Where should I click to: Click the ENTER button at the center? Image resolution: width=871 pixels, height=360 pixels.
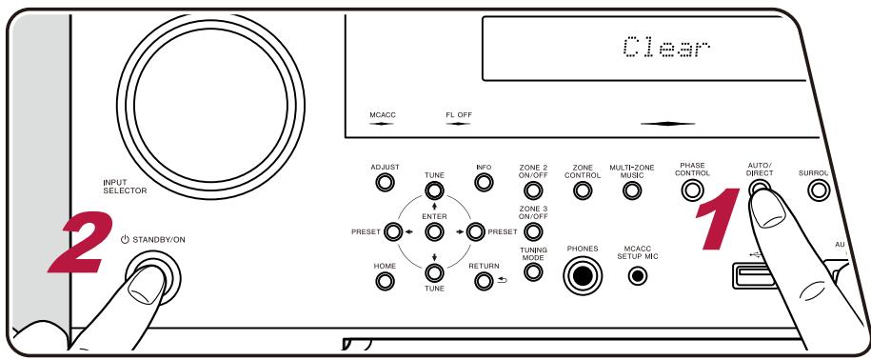[x=433, y=230]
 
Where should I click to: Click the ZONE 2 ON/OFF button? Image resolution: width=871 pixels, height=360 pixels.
[x=533, y=188]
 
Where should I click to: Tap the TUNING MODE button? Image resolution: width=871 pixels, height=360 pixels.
[x=533, y=272]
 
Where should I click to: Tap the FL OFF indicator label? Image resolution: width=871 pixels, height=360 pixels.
[x=457, y=116]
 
